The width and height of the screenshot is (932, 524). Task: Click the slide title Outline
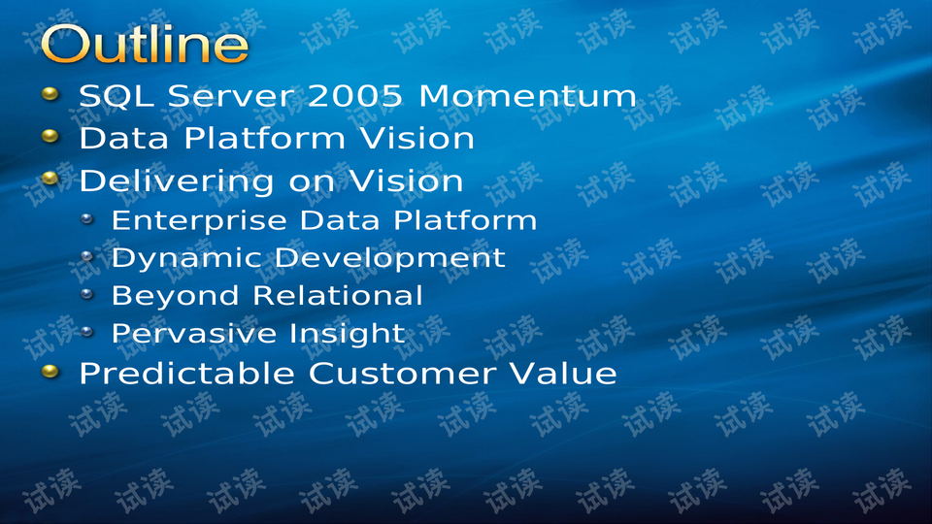pos(145,44)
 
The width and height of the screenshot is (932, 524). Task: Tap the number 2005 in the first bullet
pos(355,96)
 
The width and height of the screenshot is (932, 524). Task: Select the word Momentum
pos(528,96)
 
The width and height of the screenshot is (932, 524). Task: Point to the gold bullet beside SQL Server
pos(50,94)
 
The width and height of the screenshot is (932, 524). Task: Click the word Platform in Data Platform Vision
pos(264,138)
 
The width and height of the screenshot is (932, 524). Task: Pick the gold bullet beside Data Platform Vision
pos(50,137)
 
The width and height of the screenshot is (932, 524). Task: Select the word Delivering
pos(177,181)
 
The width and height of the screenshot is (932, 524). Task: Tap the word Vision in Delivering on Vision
pos(406,180)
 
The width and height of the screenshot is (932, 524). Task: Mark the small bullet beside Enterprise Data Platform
pos(87,219)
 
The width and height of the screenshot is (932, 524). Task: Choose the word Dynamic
pos(186,259)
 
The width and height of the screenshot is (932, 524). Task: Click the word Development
pos(390,259)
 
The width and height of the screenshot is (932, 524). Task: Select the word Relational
pos(338,295)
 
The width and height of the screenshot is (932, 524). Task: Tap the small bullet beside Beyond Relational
pos(87,293)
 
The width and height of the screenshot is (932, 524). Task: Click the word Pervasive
pos(193,333)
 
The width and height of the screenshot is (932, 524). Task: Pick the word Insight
pos(348,333)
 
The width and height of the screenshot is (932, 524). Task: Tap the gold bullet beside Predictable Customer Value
pos(50,372)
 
